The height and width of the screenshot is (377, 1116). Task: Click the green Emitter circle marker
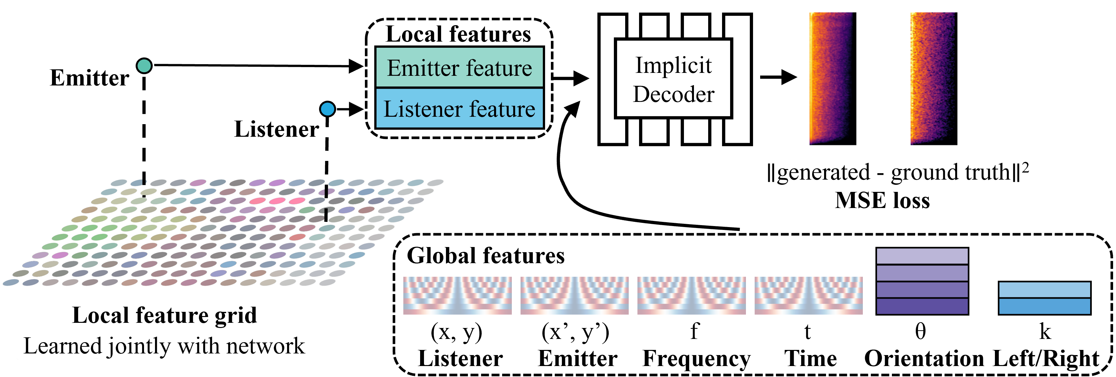[x=144, y=66]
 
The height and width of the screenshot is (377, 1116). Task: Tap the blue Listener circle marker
[x=327, y=109]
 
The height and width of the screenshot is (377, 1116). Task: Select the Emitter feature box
[x=459, y=67]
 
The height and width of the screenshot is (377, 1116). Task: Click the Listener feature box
[x=459, y=108]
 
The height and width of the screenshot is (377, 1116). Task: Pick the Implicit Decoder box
[x=673, y=78]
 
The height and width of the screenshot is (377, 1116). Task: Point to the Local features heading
[x=458, y=34]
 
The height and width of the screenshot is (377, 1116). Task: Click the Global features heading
[x=486, y=255]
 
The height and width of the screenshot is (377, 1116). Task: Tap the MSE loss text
[x=883, y=200]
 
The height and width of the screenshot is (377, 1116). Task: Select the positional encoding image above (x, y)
[x=458, y=296]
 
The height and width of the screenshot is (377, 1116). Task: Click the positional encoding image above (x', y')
[x=574, y=296]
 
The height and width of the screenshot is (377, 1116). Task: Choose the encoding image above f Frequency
[x=691, y=296]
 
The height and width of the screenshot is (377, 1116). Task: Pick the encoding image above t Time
[x=808, y=296]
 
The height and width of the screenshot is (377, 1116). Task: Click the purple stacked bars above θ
[x=922, y=281]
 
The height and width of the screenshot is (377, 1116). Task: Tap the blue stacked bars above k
[x=1045, y=298]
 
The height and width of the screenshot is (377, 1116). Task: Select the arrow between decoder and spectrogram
[x=779, y=77]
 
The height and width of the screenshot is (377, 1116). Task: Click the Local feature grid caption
[x=165, y=315]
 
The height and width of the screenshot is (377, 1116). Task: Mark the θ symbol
[x=921, y=332]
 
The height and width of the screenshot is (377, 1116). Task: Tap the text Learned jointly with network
[x=164, y=346]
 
